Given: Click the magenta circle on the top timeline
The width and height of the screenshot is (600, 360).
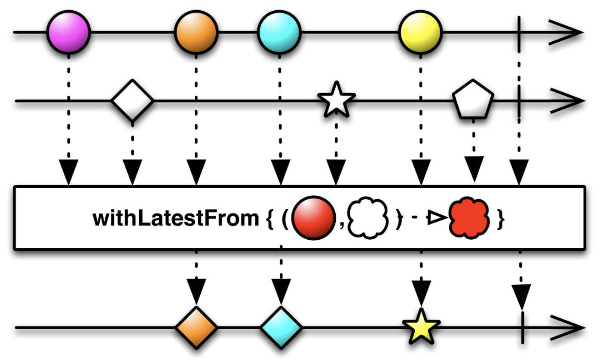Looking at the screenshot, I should [68, 32].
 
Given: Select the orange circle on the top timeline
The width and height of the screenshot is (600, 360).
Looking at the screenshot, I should [196, 32].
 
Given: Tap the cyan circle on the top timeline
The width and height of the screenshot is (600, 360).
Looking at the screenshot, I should [279, 32].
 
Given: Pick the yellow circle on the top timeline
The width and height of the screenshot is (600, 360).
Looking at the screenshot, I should [420, 32].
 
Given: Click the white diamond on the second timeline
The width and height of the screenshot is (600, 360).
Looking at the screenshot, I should [132, 101].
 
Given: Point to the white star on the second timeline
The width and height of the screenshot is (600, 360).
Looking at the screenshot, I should [336, 100].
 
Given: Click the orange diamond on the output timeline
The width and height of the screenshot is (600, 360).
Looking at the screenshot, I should [196, 328].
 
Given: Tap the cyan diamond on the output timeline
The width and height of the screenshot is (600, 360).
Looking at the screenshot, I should [281, 328].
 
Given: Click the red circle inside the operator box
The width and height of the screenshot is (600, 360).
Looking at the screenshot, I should [313, 218].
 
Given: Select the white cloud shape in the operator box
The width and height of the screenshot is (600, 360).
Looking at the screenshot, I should [367, 218].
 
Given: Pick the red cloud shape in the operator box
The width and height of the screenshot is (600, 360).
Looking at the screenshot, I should [469, 218].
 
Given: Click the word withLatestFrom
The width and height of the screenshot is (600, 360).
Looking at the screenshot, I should [175, 218].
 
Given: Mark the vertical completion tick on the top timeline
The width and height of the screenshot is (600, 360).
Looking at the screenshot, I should [519, 32].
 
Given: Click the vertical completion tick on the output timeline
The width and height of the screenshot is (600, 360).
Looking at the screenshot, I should [523, 328].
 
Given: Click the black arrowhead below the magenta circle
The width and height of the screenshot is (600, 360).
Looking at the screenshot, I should [69, 172].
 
